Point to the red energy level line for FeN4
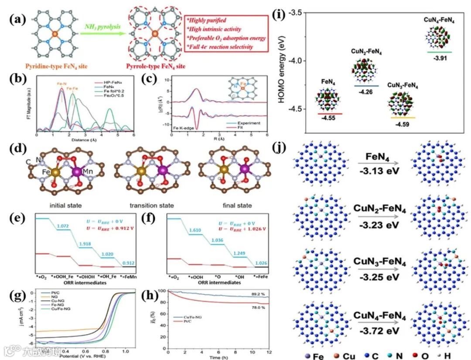[x=329, y=113]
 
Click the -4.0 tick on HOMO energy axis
[x=300, y=61]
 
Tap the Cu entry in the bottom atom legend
[x=342, y=354]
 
